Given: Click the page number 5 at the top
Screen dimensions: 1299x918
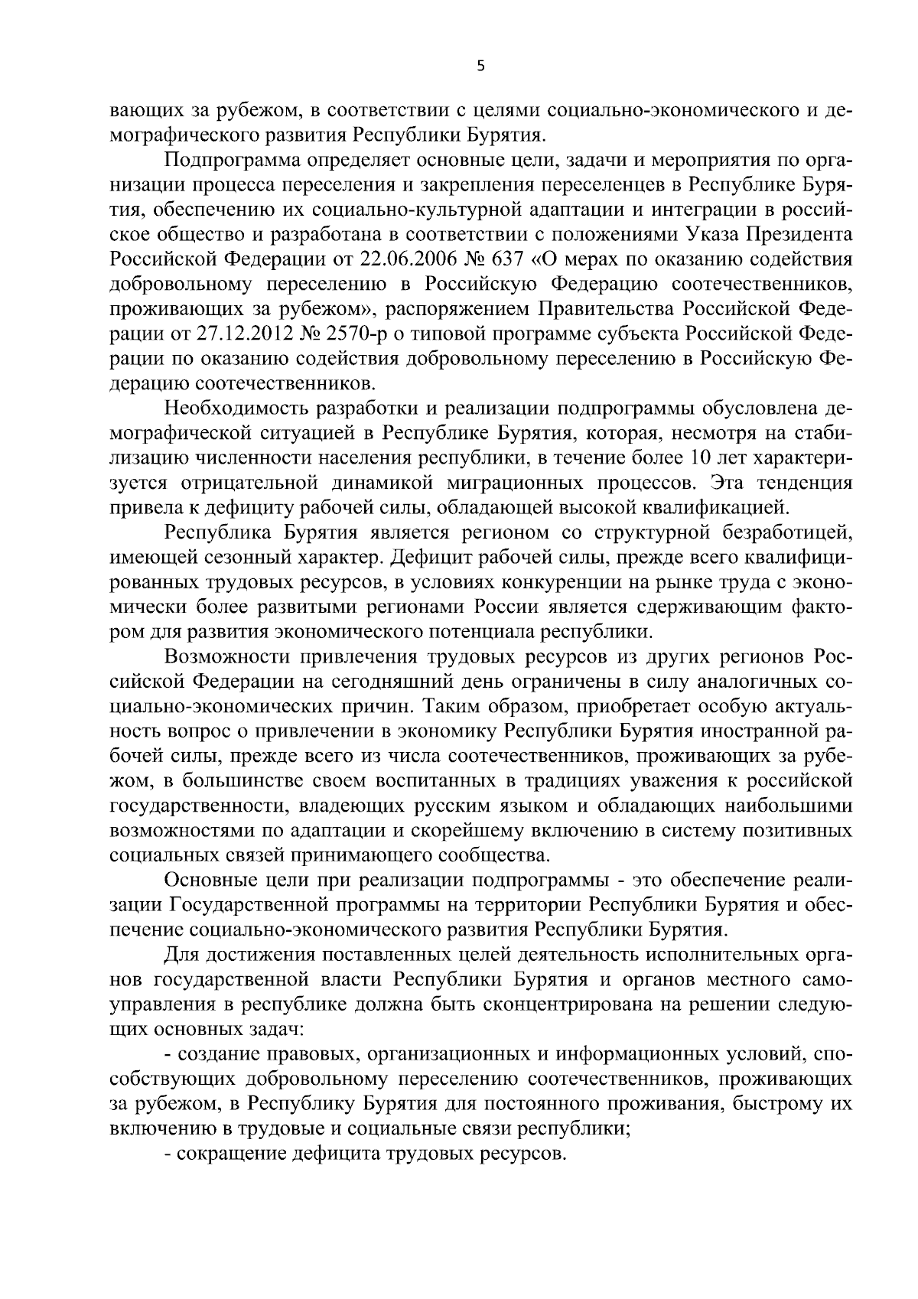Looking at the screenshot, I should tap(480, 67).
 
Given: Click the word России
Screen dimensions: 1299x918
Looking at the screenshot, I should tap(504, 607).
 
